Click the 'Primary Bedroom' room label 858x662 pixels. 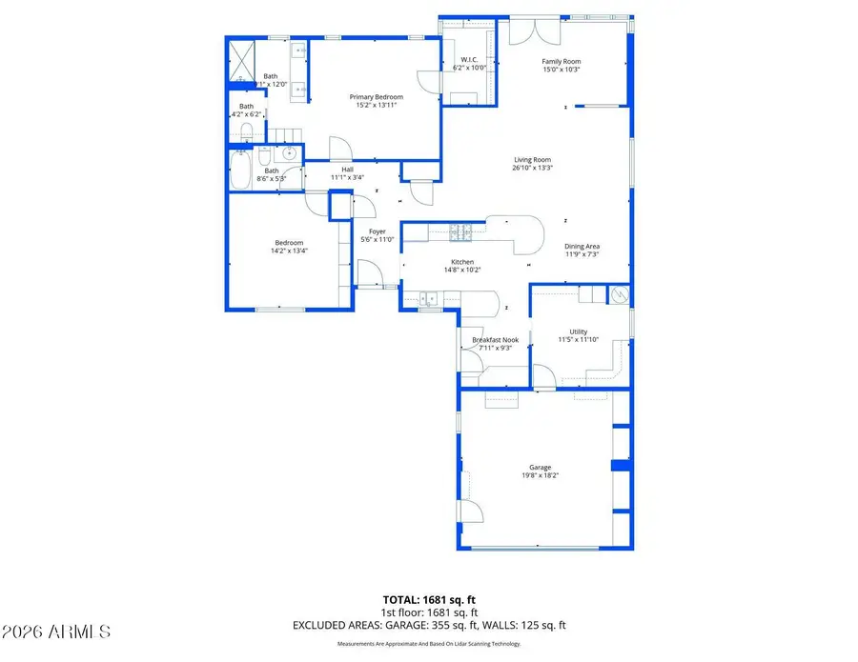coord(376,97)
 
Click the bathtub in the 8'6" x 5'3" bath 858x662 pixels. coord(240,172)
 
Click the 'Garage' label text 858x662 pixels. coord(541,468)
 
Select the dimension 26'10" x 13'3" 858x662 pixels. coord(533,168)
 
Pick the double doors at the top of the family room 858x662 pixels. coord(529,31)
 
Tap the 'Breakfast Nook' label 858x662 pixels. coord(495,340)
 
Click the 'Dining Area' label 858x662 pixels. coord(582,247)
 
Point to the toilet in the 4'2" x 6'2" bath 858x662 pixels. coord(245,131)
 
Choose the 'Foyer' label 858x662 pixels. coord(377,231)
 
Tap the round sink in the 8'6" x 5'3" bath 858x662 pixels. coord(288,155)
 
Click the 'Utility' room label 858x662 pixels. coord(579,331)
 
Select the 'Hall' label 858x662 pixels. coord(348,170)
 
